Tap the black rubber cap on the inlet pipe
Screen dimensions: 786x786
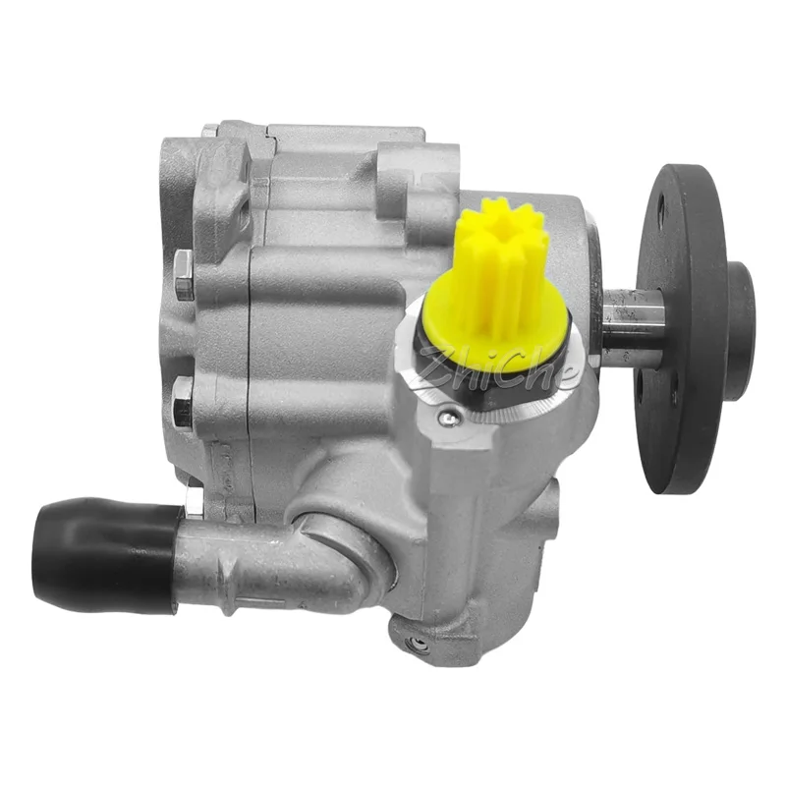[104, 554]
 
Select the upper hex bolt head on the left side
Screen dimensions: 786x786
[184, 276]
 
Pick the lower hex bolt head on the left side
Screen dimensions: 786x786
[183, 404]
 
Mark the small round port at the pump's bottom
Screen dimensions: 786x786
[417, 645]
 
